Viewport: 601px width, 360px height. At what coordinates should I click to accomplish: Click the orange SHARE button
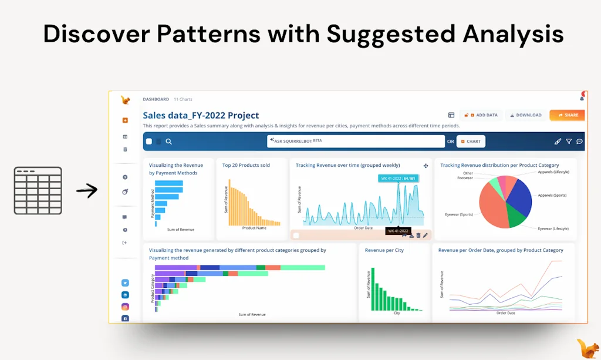click(568, 115)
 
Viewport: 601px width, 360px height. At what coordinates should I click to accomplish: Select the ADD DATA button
click(481, 115)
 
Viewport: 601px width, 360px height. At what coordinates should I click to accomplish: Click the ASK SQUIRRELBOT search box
click(355, 141)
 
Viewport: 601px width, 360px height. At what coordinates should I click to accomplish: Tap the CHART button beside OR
click(471, 141)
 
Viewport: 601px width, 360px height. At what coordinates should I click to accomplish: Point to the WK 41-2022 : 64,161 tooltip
click(397, 178)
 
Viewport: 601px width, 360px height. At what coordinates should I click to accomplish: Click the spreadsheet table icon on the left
click(38, 190)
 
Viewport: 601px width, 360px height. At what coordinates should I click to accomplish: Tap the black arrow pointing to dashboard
click(87, 190)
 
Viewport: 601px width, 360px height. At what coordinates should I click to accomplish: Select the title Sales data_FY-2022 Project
click(201, 115)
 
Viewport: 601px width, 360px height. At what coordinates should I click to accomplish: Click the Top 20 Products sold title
click(246, 165)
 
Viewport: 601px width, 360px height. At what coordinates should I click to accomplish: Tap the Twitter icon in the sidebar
click(125, 282)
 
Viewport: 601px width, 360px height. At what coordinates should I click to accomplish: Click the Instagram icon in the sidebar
click(125, 307)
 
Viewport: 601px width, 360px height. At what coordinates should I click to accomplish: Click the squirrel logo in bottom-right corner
click(588, 346)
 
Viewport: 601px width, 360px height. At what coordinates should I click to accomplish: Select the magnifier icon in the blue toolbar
click(168, 141)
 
